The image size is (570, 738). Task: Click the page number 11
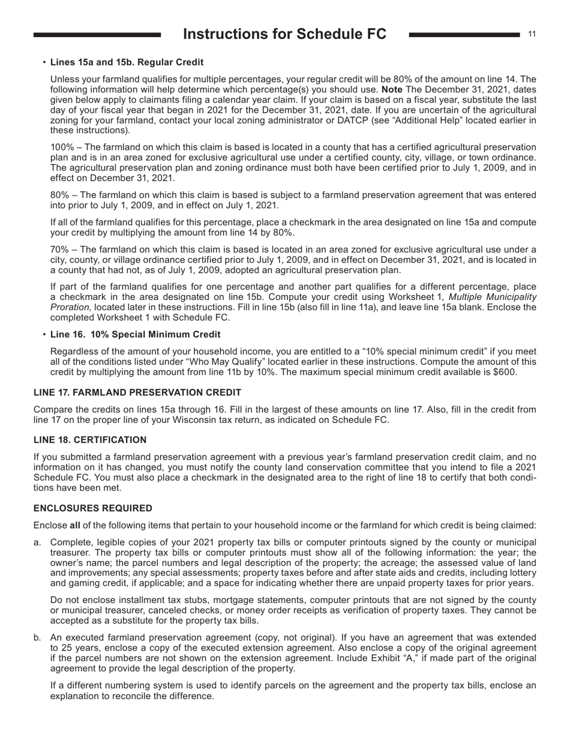click(532, 34)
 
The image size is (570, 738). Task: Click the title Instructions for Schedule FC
click(284, 34)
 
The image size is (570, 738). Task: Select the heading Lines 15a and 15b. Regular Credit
click(127, 62)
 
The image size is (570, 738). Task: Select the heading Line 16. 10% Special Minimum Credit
click(135, 334)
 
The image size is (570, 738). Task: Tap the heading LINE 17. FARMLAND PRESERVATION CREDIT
click(137, 392)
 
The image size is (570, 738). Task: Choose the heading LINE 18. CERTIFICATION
click(90, 440)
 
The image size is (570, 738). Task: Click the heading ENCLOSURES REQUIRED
click(93, 508)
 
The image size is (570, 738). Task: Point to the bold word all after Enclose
click(75, 526)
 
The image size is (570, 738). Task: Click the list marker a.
click(37, 542)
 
